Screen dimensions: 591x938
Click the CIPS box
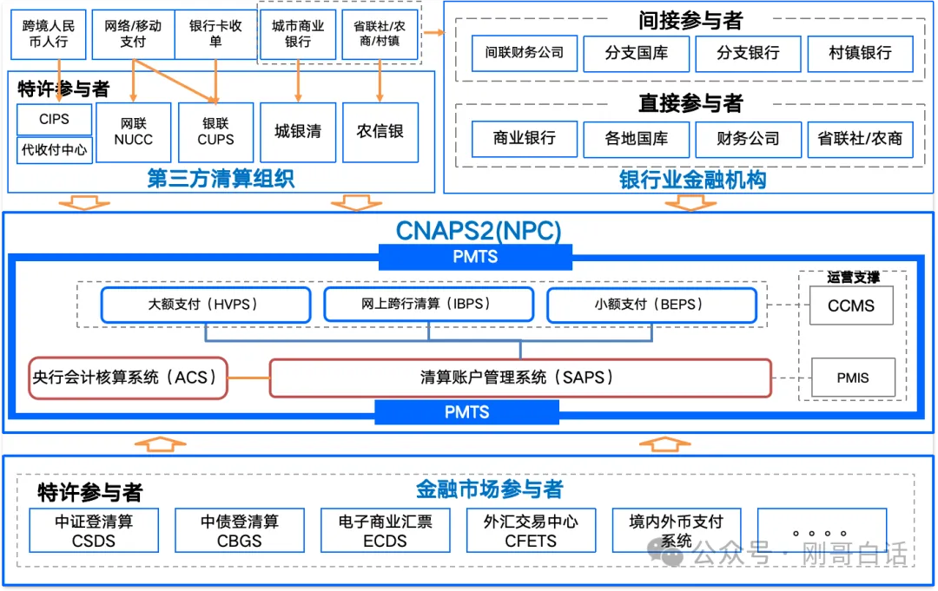[54, 120]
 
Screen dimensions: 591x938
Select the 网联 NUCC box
[133, 132]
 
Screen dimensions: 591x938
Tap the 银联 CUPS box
[215, 132]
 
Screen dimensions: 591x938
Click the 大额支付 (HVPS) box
[205, 305]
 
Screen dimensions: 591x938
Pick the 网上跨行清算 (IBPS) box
[428, 305]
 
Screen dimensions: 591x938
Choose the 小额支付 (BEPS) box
[651, 305]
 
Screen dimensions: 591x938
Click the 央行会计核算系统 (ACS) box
[127, 378]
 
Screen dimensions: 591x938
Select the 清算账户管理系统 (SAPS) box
[519, 378]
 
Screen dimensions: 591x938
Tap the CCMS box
[850, 305]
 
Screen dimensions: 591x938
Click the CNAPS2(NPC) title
[479, 231]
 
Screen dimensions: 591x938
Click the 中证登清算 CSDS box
[94, 530]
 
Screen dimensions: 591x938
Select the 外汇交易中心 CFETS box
[530, 530]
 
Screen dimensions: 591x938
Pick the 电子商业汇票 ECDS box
[385, 530]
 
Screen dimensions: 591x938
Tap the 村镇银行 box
[860, 53]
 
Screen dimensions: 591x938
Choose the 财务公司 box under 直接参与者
[748, 139]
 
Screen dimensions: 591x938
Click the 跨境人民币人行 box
[49, 34]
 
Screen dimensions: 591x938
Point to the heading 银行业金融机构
[692, 180]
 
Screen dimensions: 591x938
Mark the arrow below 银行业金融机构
[690, 202]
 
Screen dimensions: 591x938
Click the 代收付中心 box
[54, 149]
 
